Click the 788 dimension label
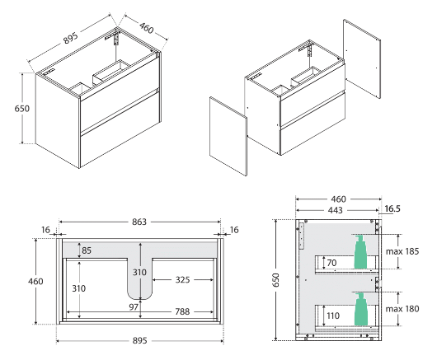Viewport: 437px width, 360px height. [x=183, y=312]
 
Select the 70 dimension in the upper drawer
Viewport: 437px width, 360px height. [x=332, y=264]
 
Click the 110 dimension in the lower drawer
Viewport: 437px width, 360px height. [x=332, y=315]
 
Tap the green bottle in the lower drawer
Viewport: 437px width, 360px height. [x=360, y=310]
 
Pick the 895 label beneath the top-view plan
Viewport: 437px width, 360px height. [x=139, y=341]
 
